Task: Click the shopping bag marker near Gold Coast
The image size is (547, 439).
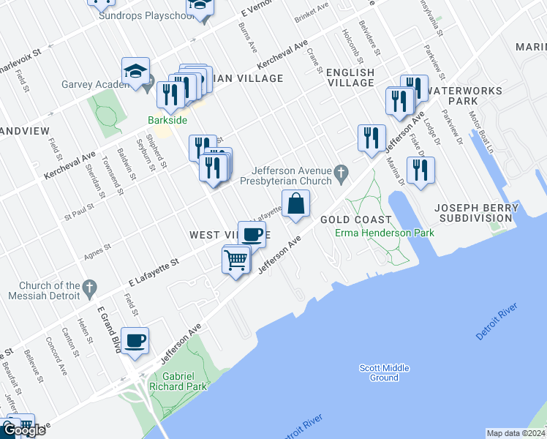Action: point(295,204)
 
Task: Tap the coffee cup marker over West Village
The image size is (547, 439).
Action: point(252,234)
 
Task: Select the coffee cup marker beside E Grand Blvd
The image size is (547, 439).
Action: point(135,340)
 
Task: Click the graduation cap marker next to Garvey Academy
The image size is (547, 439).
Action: point(135,71)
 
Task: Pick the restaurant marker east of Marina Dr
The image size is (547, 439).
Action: point(420,170)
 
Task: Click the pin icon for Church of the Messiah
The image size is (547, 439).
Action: point(90,286)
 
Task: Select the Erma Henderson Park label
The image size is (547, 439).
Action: point(385,233)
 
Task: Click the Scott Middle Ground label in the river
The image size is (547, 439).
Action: point(384,373)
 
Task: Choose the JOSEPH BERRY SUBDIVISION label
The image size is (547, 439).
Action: point(476,213)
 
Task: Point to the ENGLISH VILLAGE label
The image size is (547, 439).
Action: point(350,78)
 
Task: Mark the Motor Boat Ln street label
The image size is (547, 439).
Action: point(482,132)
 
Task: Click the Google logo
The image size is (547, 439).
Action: point(23,430)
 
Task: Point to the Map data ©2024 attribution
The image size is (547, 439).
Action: point(515,433)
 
